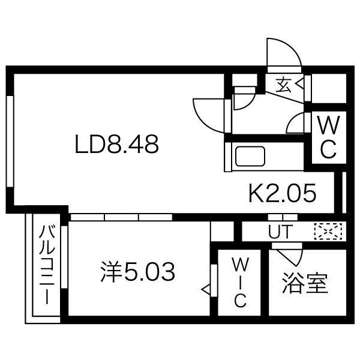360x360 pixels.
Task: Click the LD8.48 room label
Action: click(x=116, y=145)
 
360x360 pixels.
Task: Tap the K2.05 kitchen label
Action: click(x=281, y=194)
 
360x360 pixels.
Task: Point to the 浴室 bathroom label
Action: click(x=305, y=283)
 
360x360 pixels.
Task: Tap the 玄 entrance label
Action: click(x=283, y=85)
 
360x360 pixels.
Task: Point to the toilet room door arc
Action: click(x=296, y=124)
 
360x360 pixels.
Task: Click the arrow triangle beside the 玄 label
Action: click(x=298, y=85)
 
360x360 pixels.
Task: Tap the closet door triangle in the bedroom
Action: click(x=205, y=290)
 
